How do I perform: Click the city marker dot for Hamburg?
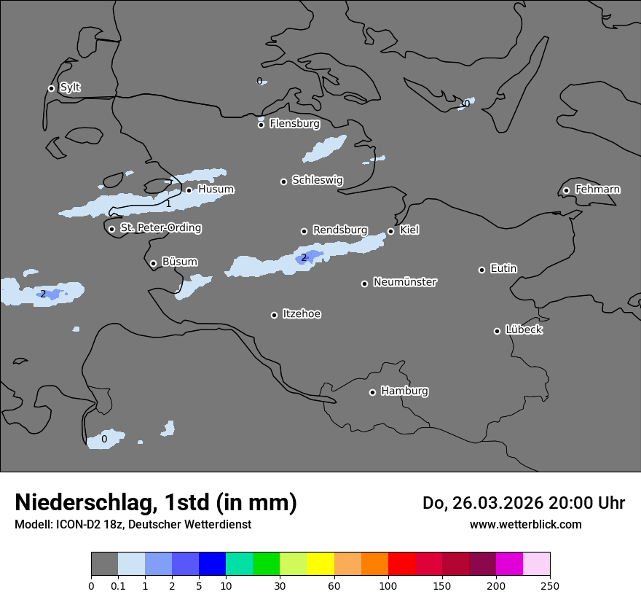[x=372, y=392]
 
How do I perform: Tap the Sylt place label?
[x=70, y=87]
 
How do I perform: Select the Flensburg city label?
[x=294, y=124]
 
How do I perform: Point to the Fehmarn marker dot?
[x=566, y=190]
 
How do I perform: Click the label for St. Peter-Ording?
[x=160, y=228]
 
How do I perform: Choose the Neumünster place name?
[x=405, y=282]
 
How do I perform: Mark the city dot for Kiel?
[x=390, y=231]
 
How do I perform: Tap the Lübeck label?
[x=524, y=330]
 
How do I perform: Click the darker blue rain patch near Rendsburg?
[x=311, y=257]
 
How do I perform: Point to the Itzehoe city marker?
[x=274, y=315]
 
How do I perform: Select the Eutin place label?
[x=503, y=269]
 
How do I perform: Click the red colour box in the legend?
[x=401, y=564]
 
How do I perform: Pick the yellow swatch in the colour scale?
[x=320, y=564]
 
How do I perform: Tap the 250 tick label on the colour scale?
[x=550, y=585]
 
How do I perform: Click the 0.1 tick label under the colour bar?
[x=118, y=585]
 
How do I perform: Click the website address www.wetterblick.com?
[x=525, y=525]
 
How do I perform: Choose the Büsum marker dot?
[x=153, y=263]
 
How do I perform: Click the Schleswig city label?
[x=317, y=180]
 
